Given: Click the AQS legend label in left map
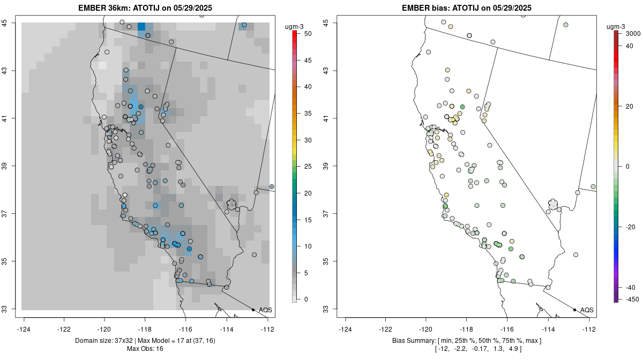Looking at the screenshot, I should tap(265, 310).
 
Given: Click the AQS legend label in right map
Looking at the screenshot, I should tap(587, 310).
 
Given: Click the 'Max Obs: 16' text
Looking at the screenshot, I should tap(145, 349).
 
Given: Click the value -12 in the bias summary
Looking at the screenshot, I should tap(442, 349).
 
